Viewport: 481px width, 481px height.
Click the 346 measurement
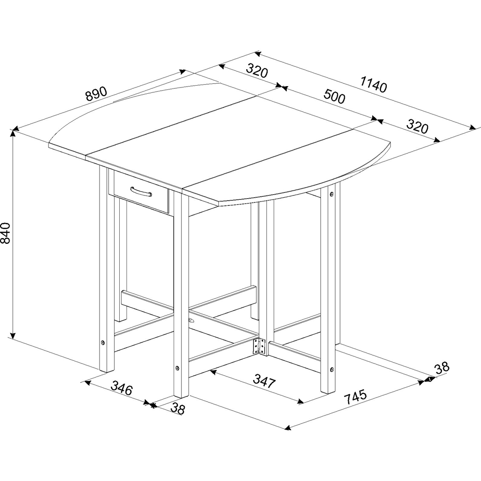(x=122, y=388)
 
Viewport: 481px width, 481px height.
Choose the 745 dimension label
(x=355, y=397)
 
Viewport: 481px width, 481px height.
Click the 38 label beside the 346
(x=178, y=409)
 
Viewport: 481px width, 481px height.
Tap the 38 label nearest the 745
(x=442, y=367)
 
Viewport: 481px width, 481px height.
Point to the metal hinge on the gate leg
(x=259, y=346)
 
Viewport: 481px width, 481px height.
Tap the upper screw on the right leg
(x=332, y=195)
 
